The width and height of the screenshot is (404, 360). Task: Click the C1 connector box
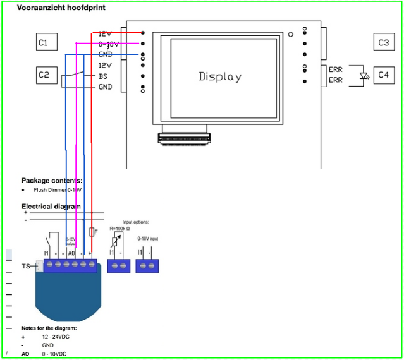(47, 42)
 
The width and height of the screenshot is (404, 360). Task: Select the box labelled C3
(383, 42)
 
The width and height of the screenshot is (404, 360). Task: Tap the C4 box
(383, 75)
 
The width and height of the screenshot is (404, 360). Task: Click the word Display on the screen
(220, 76)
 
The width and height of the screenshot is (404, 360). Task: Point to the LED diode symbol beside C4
(364, 76)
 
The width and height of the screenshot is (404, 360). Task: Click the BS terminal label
(104, 76)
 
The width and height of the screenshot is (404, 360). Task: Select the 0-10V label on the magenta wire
(109, 44)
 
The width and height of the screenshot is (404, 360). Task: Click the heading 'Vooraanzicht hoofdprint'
(61, 8)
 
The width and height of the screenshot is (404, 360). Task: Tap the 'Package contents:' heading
(52, 181)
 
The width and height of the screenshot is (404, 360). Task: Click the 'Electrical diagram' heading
(51, 207)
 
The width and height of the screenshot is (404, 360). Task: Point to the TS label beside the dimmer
(26, 267)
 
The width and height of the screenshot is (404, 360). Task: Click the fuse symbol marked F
(93, 232)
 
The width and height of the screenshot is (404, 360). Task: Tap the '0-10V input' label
(148, 239)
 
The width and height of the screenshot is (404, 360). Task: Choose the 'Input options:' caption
(135, 222)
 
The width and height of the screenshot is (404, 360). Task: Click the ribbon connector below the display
(185, 138)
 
